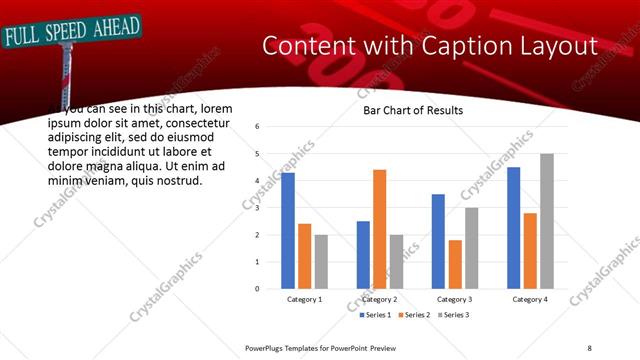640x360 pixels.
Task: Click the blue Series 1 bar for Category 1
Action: (288, 231)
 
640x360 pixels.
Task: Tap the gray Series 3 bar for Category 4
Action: (546, 221)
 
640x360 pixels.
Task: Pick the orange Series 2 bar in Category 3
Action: (454, 264)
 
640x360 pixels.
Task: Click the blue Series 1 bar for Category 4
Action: (513, 228)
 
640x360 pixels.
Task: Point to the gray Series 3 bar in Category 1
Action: (320, 262)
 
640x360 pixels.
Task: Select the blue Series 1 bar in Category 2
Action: (362, 255)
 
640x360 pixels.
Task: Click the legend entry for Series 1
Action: (375, 315)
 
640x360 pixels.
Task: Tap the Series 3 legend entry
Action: (451, 315)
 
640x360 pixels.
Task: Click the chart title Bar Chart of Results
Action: (412, 111)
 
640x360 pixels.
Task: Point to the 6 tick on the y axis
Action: (258, 127)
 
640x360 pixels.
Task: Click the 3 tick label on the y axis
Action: (258, 208)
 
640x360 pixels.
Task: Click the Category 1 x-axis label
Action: (304, 299)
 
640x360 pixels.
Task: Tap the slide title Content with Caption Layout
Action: (429, 46)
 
